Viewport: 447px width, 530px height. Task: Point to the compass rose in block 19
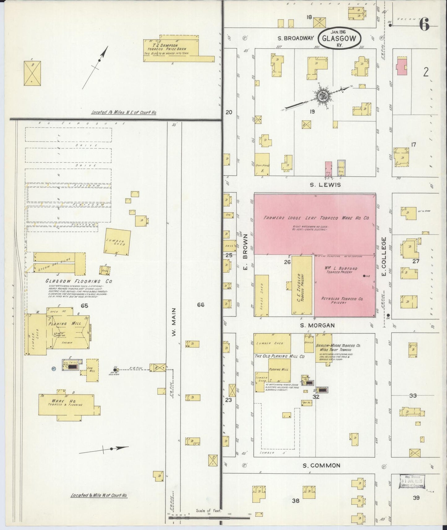click(x=322, y=96)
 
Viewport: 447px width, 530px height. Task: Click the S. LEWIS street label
click(x=325, y=185)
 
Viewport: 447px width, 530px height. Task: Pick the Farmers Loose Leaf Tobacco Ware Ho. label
click(x=316, y=218)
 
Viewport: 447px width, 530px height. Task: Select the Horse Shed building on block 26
click(x=261, y=295)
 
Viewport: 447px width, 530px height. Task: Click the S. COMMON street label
click(x=321, y=465)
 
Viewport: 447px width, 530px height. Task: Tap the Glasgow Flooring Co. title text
click(x=79, y=281)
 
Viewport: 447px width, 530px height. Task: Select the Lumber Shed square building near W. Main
click(x=117, y=242)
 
